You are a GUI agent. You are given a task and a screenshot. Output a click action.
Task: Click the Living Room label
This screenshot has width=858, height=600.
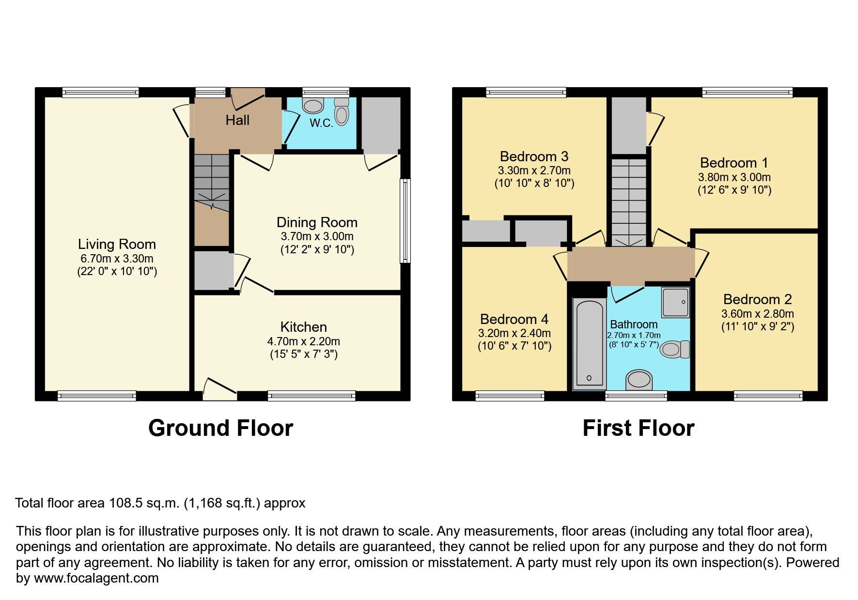click(x=117, y=244)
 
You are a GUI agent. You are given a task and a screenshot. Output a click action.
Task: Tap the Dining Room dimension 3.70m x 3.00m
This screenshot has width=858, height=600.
click(x=317, y=237)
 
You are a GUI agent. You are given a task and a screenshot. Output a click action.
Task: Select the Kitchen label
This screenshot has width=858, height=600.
click(x=303, y=327)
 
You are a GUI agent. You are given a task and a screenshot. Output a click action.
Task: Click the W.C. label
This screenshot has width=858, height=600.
click(x=321, y=123)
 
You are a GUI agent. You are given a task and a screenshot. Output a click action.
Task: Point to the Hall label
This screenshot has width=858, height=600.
click(x=237, y=120)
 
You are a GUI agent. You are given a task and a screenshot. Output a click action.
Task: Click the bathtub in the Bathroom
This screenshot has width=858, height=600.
click(x=589, y=344)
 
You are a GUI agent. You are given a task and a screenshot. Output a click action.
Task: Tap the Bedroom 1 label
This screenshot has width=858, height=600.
click(x=733, y=163)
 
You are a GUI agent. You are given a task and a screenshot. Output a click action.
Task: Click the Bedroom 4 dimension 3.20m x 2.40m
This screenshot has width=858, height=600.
click(x=514, y=333)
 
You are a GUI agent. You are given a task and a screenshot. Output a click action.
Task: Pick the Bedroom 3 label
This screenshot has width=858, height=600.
click(x=534, y=156)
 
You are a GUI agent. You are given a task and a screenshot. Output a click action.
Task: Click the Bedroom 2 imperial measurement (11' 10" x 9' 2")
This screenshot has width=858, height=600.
click(x=758, y=326)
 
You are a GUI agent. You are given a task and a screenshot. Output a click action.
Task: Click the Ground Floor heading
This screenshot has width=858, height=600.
click(x=220, y=428)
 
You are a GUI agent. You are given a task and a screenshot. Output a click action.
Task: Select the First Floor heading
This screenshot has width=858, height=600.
click(x=638, y=428)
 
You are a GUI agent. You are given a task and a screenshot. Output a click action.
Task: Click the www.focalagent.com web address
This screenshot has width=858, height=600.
click(x=96, y=578)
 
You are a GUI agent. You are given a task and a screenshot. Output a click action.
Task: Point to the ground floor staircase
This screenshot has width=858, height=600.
click(x=212, y=184)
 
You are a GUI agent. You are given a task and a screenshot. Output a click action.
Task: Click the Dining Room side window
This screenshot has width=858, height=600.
click(x=405, y=221)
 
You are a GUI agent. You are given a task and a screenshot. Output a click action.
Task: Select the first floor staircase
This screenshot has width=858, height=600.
click(x=628, y=201)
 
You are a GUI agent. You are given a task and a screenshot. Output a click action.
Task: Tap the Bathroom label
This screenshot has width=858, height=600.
click(x=633, y=324)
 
